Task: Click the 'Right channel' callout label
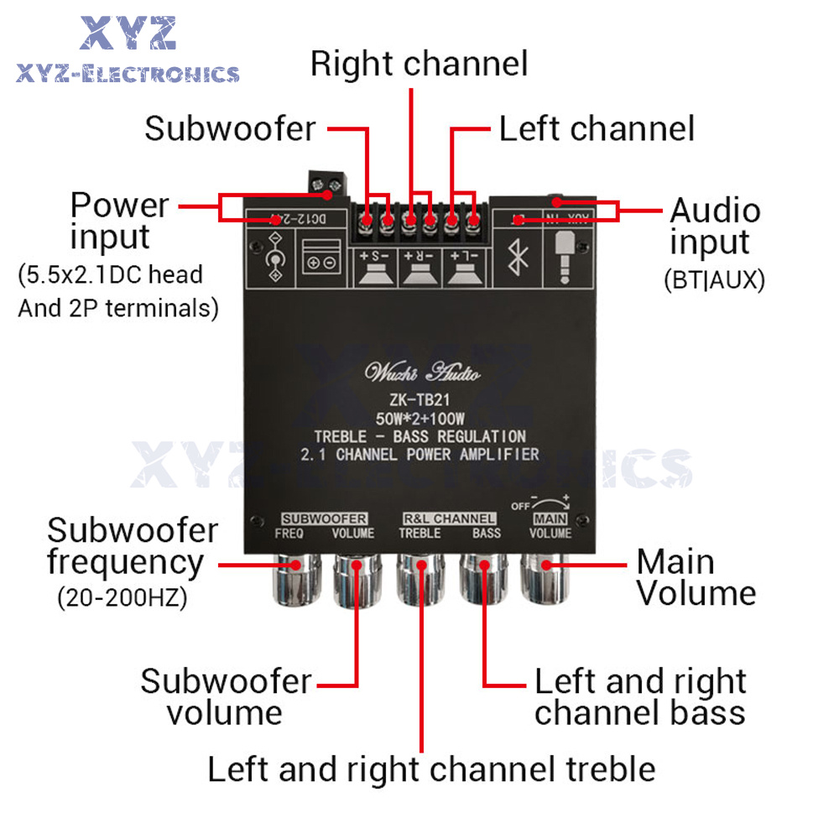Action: coord(419,64)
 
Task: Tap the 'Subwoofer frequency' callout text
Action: coord(132,546)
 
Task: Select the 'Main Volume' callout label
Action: coord(696,577)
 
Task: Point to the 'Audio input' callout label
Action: coord(715,226)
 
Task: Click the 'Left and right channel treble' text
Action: coord(431,769)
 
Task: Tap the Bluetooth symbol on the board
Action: coord(520,255)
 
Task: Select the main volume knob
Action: coord(545,579)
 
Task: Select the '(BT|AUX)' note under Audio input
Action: coord(714,279)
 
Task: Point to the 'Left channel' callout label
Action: coord(597,129)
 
